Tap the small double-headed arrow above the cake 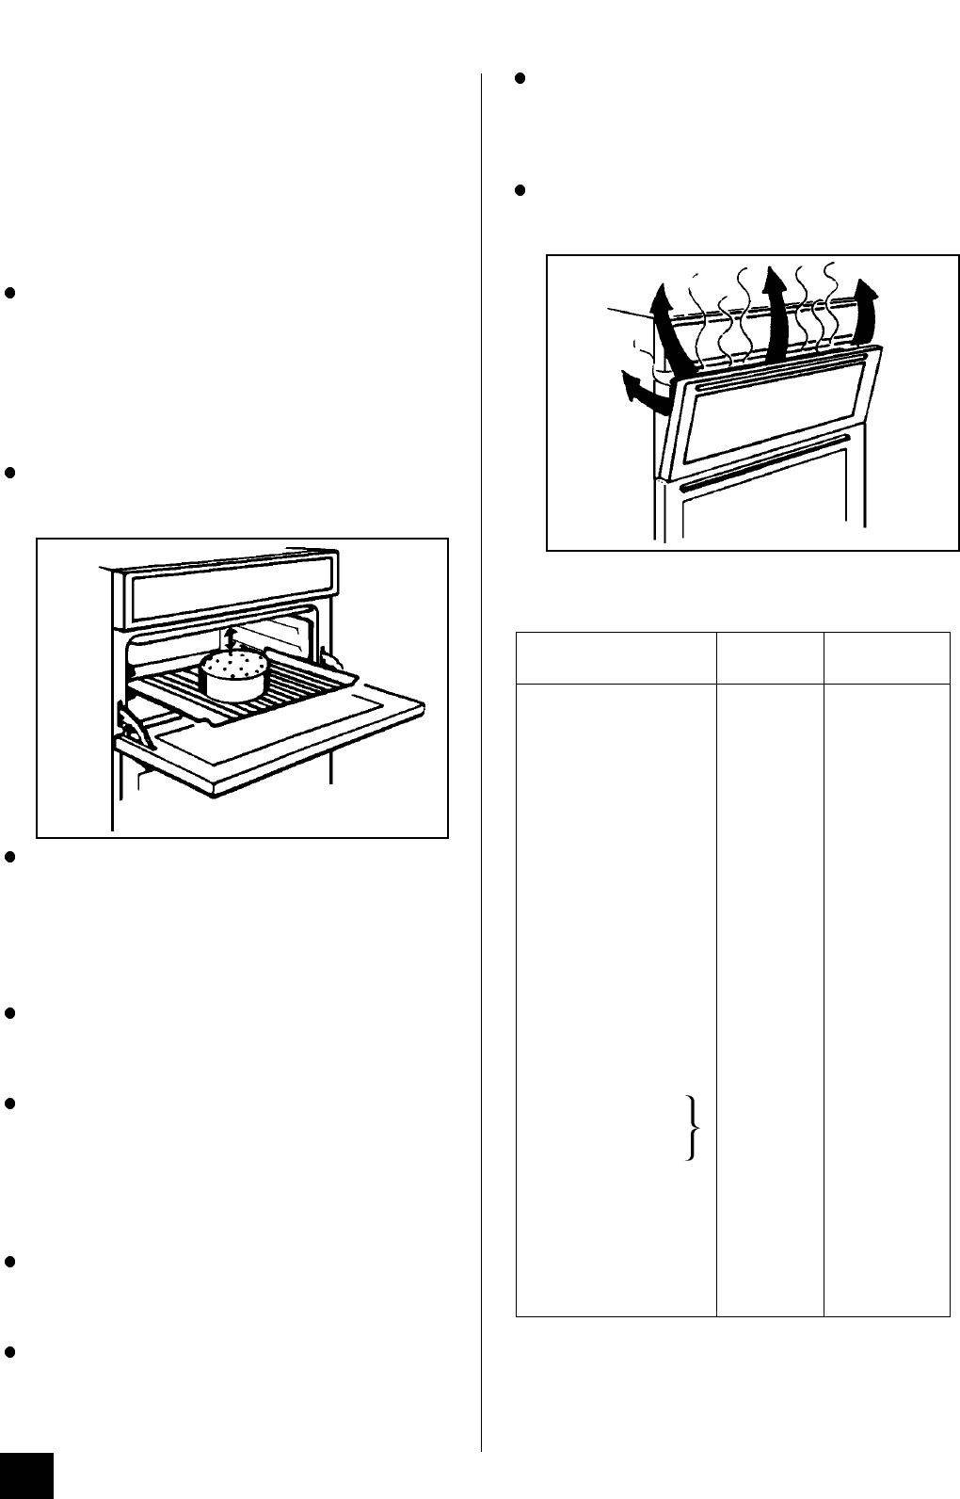(232, 637)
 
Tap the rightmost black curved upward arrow (869, 306)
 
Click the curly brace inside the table (694, 1129)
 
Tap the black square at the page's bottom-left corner (26, 1475)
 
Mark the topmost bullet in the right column (520, 80)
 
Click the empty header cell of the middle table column (770, 657)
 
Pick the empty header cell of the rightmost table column (887, 657)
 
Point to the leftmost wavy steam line (696, 311)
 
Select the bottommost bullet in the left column (8, 1352)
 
